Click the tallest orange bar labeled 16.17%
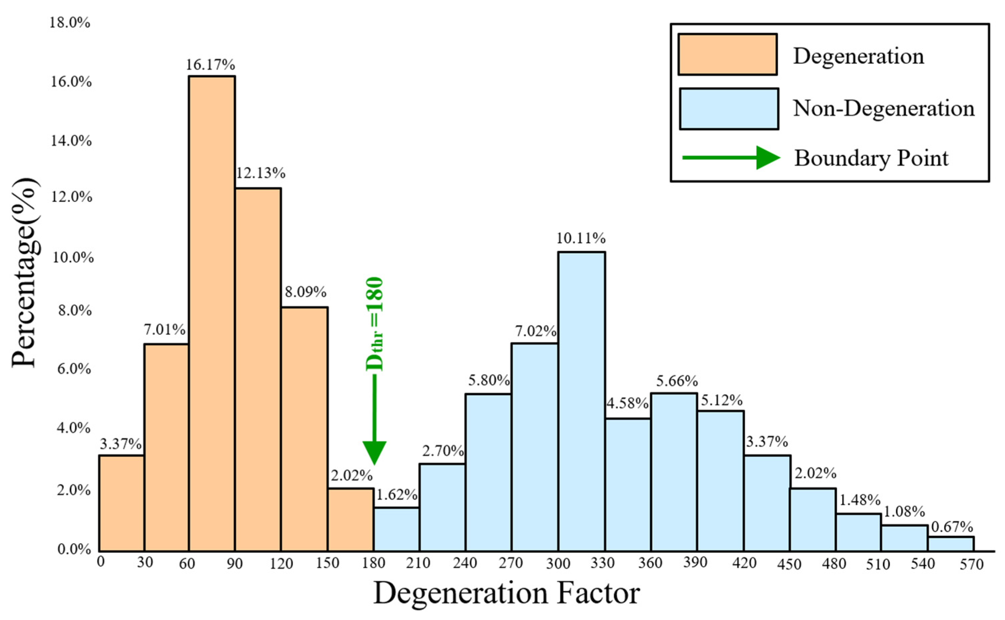[x=212, y=314]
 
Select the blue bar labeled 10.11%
[x=581, y=402]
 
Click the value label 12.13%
[x=260, y=174]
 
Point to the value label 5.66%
[x=677, y=382]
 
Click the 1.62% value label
[x=397, y=495]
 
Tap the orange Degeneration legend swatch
[x=727, y=55]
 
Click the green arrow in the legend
[x=730, y=158]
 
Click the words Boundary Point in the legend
[x=871, y=158]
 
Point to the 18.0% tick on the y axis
[x=70, y=22]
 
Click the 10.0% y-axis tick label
[x=73, y=258]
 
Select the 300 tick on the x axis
[x=558, y=564]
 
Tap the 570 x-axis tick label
[x=972, y=565]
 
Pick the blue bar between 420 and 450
[x=767, y=503]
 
